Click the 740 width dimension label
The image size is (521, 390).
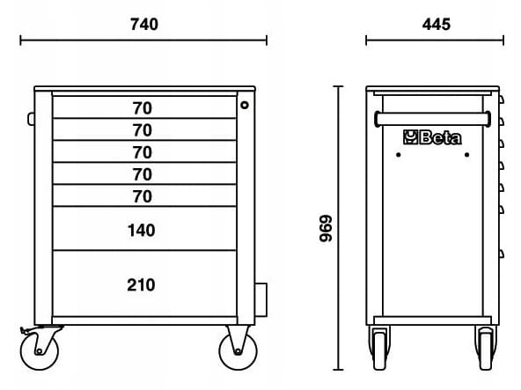coord(143,25)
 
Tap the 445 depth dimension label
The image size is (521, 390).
coord(436,25)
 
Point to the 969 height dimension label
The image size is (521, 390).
coord(326,228)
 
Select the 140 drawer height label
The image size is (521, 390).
coord(141,230)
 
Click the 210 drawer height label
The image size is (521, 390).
coord(141,285)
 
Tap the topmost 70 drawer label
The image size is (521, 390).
coord(143,108)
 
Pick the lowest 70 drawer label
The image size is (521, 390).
coord(143,196)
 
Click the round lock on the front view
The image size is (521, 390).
coord(245,106)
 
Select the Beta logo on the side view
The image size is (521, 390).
coord(432,137)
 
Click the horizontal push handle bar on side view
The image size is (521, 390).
coord(433,119)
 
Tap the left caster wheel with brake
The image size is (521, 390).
coord(40,350)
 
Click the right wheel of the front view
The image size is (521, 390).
coord(238,350)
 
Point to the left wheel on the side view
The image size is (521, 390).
coord(379,349)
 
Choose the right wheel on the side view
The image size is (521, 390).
coord(486,349)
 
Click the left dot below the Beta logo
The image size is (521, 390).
coord(398,155)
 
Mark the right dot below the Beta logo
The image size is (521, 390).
coord(466,155)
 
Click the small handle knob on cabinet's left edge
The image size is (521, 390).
coord(31,119)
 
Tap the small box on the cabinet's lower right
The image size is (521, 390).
coord(260,299)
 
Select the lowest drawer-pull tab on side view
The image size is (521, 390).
coord(501,254)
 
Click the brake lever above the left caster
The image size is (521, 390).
coord(27,330)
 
